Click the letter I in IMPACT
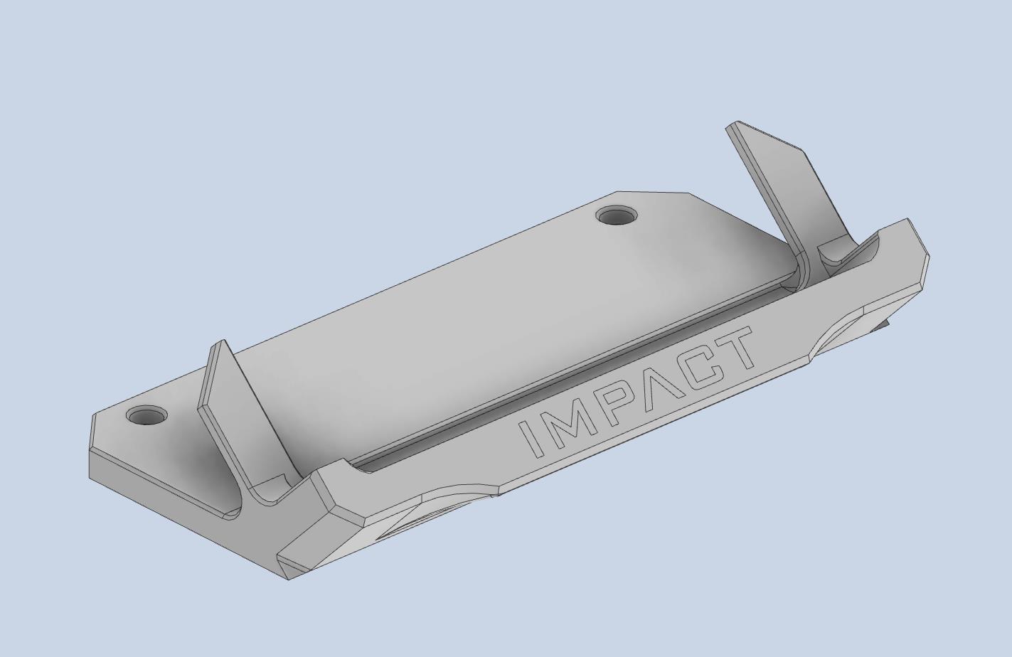pos(529,439)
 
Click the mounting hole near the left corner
pos(147,415)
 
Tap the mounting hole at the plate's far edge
pos(617,216)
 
